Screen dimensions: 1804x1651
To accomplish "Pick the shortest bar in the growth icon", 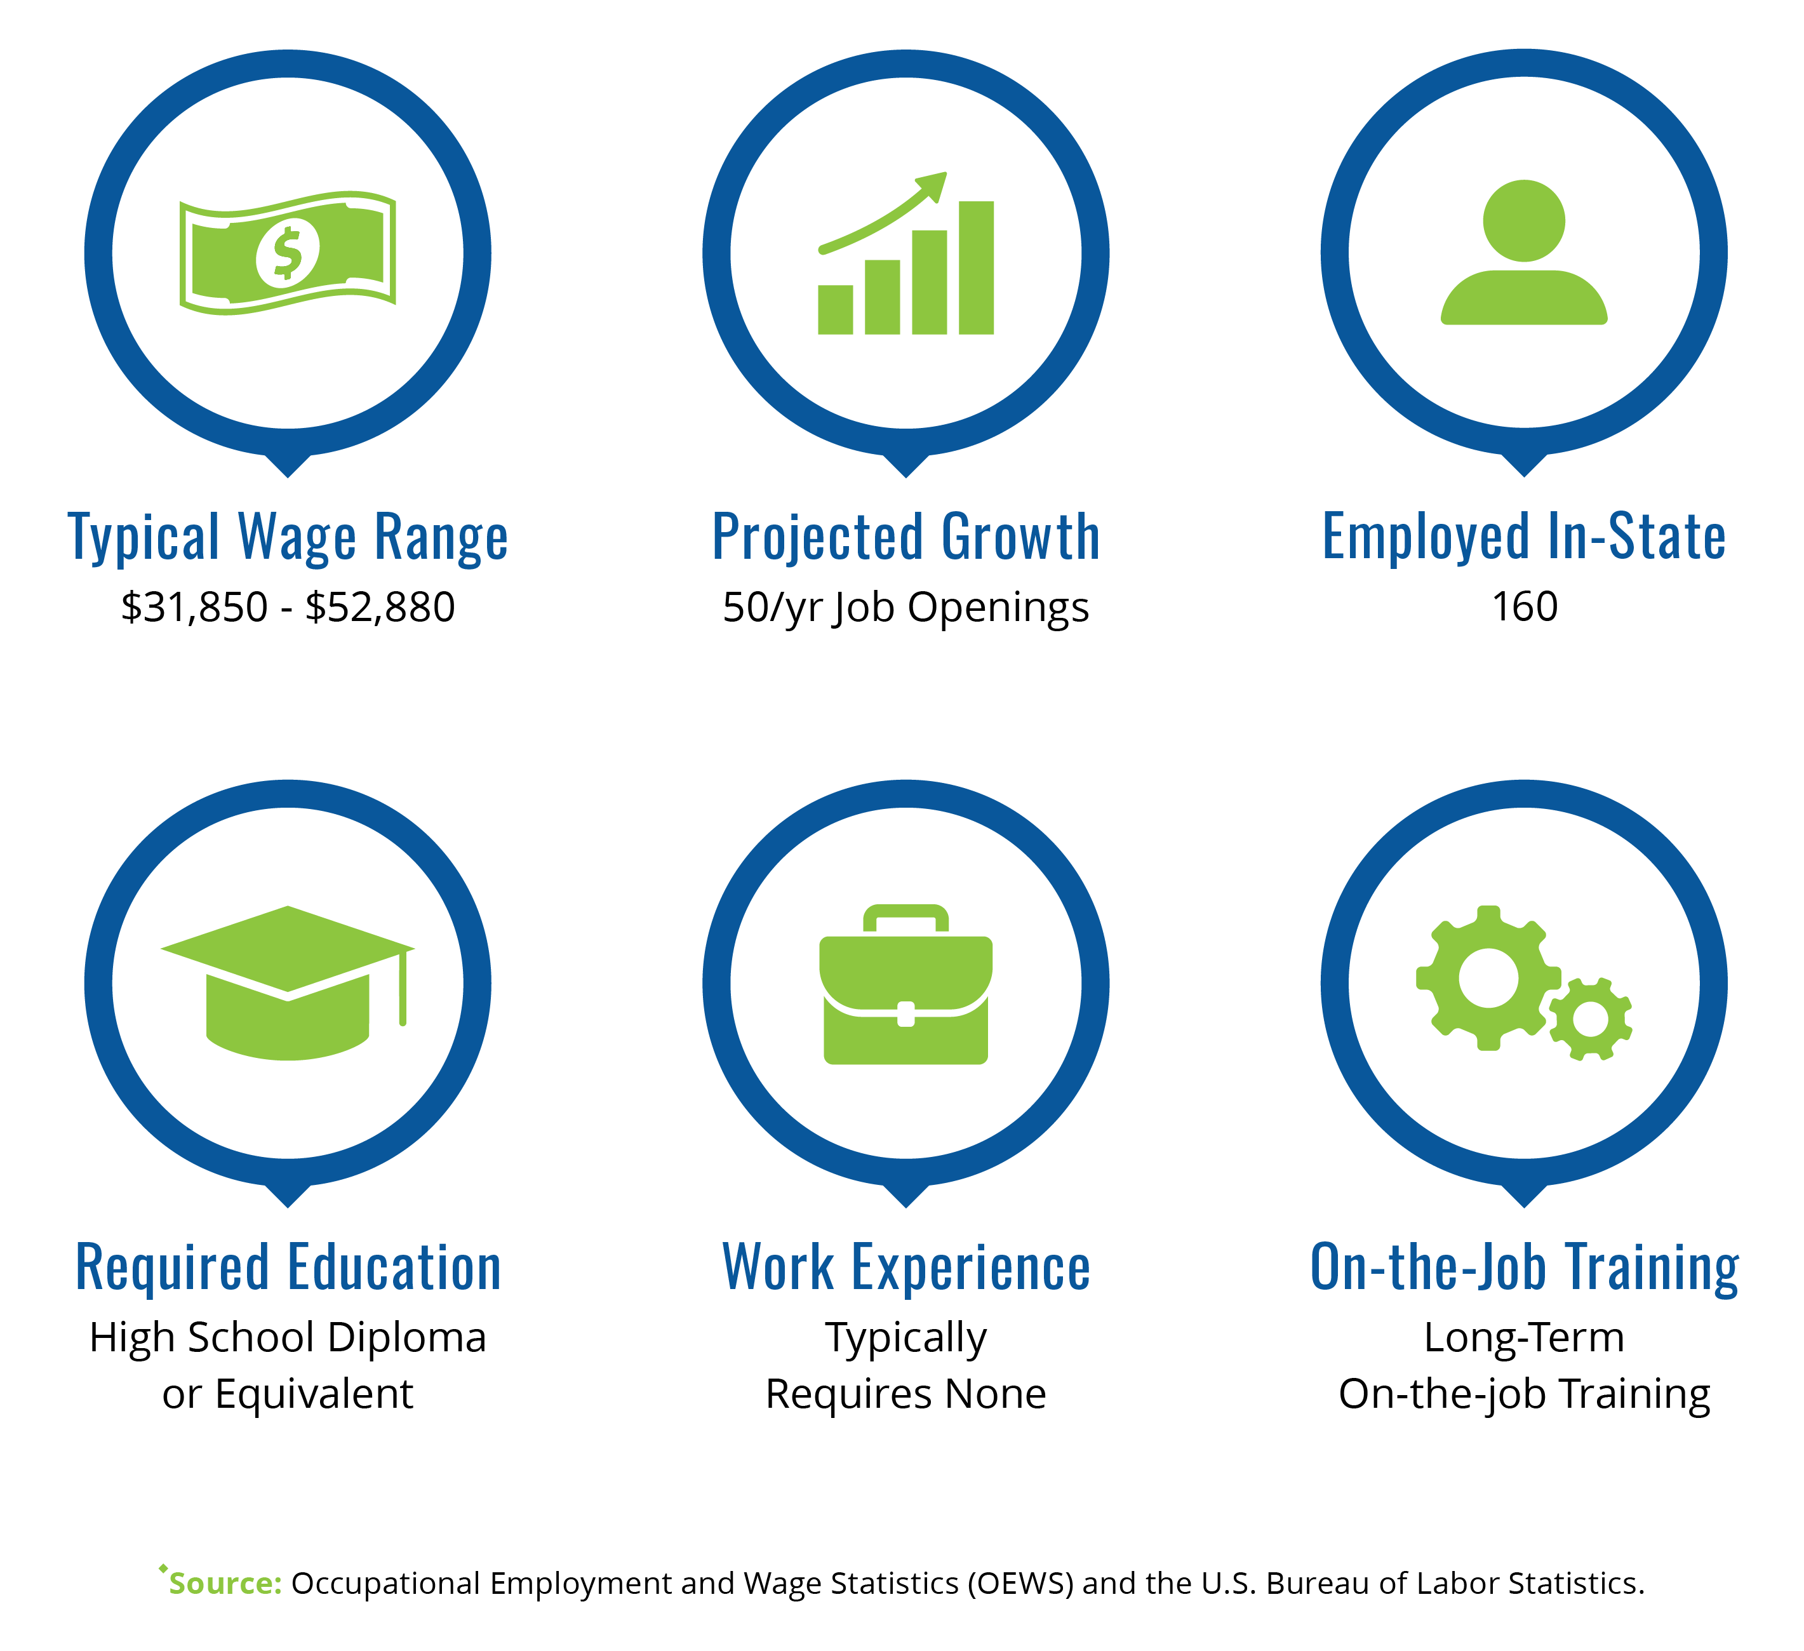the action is [835, 310].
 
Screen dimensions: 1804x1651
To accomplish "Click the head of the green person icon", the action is [1524, 221].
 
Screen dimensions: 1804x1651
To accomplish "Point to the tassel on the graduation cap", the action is [403, 987].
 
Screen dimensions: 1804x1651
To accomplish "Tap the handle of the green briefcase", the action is [905, 919].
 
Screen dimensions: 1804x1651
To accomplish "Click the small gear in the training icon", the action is [1590, 1019].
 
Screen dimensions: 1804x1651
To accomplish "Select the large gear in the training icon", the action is [1488, 978].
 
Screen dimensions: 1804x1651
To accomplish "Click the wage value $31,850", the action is [194, 608].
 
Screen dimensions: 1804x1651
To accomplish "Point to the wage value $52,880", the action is [380, 608].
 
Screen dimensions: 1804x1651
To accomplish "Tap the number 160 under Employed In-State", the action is [1525, 606].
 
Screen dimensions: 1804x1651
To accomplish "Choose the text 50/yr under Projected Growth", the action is [773, 608].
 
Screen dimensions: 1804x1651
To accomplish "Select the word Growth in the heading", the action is [1021, 537].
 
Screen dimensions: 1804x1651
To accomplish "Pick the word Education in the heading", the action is [394, 1268].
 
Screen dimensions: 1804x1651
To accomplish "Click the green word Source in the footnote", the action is [225, 1583].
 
